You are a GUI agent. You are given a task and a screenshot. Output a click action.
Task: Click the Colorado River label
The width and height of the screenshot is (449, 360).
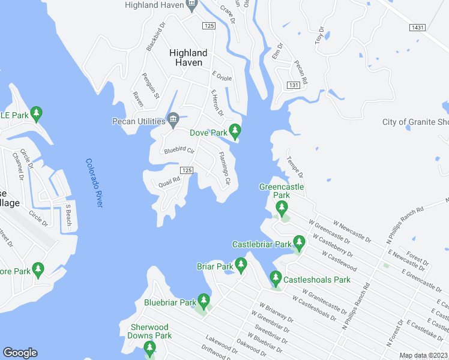coord(94,183)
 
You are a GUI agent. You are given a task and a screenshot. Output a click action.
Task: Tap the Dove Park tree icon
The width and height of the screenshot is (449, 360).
coord(235,129)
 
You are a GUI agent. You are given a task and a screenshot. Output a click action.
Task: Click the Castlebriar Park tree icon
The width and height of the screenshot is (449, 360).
coord(299,242)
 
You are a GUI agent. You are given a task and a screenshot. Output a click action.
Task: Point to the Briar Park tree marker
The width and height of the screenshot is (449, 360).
coord(241,264)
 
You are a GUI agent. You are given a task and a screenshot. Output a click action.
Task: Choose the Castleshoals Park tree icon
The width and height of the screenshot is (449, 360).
coord(276,278)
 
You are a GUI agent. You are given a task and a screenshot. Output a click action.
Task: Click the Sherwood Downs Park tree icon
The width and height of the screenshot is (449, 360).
coord(149,347)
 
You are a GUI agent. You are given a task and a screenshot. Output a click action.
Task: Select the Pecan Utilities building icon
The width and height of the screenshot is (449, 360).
coord(173,117)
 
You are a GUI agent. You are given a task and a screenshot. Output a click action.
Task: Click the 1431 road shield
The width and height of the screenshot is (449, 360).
coord(418,28)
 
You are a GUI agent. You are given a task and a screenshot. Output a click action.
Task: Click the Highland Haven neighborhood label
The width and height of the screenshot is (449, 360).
coord(188,58)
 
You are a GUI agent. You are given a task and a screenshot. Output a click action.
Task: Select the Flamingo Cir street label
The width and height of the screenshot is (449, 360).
coord(224,169)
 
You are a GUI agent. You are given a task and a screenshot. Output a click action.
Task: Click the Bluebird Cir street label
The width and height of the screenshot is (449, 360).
coord(179,150)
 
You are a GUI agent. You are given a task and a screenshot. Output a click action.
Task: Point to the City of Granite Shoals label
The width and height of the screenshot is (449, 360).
coord(415,122)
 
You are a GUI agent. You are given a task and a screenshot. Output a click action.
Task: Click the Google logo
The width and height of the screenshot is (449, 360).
coord(20,353)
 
